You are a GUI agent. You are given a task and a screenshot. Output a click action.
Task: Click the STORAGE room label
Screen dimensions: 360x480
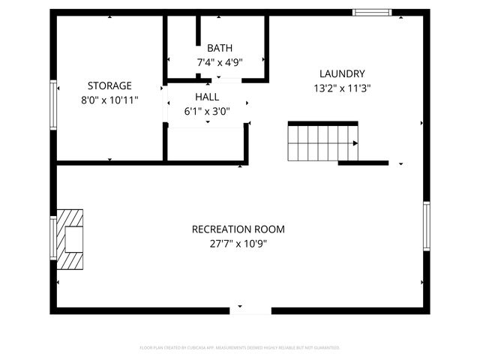(109, 85)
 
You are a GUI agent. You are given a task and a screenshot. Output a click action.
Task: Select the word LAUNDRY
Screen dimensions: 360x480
(342, 73)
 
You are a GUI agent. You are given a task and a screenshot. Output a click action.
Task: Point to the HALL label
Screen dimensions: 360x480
(207, 97)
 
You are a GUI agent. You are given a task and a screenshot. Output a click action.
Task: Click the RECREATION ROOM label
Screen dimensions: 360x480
(238, 229)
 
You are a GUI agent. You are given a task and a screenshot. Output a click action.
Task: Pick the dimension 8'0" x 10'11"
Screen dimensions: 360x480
(109, 99)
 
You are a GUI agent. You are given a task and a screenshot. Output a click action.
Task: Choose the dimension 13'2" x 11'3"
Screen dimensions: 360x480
(342, 87)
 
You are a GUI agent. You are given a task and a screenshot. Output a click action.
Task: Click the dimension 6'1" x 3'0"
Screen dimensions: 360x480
(207, 111)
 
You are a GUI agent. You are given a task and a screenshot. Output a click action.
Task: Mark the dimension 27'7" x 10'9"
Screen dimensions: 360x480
(238, 243)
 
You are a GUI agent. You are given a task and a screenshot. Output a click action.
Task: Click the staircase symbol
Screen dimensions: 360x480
(322, 142)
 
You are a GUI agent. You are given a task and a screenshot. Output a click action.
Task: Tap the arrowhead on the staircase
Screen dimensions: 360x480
(355, 142)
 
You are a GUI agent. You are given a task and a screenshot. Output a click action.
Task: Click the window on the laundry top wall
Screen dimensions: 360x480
(372, 13)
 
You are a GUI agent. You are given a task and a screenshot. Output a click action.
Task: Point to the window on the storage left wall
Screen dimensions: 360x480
(53, 104)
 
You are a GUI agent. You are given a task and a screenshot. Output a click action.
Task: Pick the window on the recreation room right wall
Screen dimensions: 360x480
(425, 226)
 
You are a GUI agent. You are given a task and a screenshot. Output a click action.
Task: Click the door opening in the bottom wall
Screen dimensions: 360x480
(250, 310)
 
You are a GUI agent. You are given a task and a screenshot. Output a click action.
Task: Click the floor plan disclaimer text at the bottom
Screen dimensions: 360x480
(240, 347)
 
